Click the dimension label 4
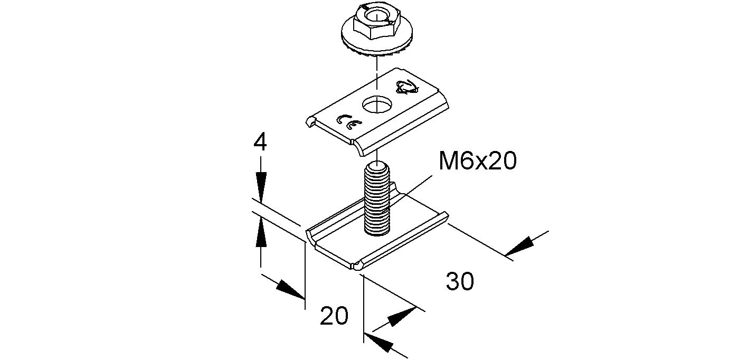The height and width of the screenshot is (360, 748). click(x=260, y=143)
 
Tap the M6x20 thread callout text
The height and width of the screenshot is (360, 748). click(x=478, y=160)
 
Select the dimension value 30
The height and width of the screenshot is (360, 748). click(x=460, y=281)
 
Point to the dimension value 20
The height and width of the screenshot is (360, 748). click(x=334, y=316)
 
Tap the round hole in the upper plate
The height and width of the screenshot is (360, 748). click(x=377, y=105)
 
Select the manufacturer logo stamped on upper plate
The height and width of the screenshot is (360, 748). click(x=406, y=87)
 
